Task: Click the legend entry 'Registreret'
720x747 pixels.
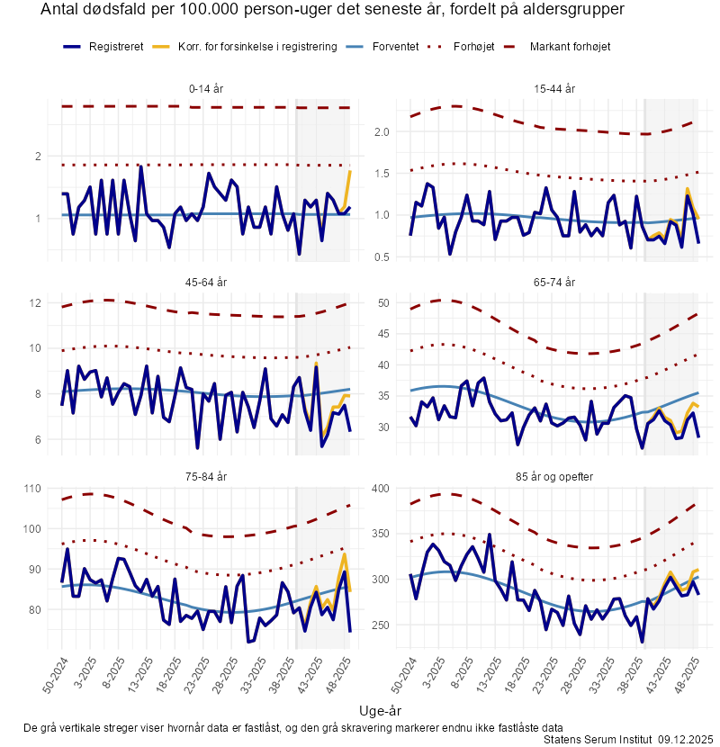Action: (116, 46)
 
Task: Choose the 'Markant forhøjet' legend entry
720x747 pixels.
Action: (571, 46)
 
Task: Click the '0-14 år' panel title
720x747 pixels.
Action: (207, 88)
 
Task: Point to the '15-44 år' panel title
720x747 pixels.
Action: (554, 88)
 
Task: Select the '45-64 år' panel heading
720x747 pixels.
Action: (207, 282)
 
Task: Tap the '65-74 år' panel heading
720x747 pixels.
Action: (554, 282)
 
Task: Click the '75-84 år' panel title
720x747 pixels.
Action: (207, 475)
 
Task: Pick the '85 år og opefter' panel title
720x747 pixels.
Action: (554, 475)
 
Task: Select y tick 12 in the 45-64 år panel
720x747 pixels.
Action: (36, 303)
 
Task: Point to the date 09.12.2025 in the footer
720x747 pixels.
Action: (685, 739)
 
